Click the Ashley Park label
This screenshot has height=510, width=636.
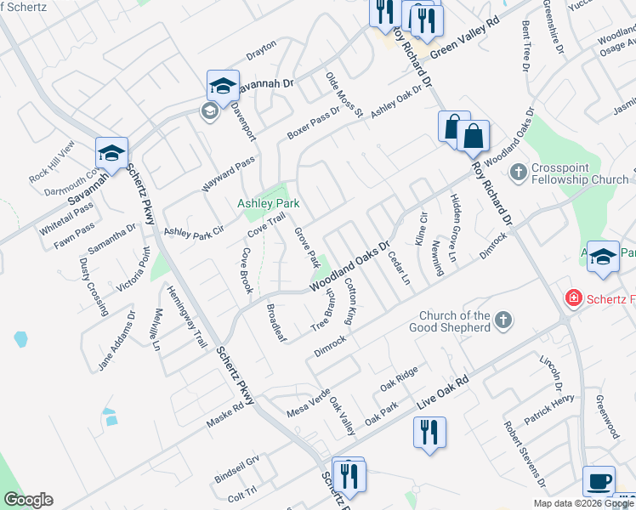pyautogui.click(x=267, y=204)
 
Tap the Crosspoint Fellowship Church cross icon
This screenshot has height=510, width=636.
pyautogui.click(x=518, y=173)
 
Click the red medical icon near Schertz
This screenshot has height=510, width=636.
pyautogui.click(x=574, y=298)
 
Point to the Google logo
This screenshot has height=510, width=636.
pyautogui.click(x=28, y=499)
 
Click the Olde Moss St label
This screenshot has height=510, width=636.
pyautogui.click(x=344, y=94)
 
